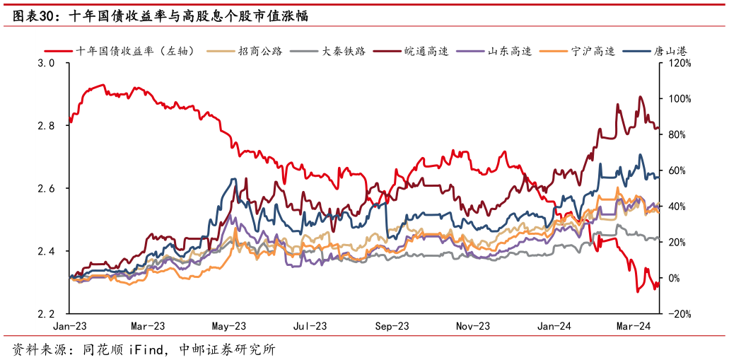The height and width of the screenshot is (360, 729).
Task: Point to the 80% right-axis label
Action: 677,134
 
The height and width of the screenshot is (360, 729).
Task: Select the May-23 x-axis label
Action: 229,326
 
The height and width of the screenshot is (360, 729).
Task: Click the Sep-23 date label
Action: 392,326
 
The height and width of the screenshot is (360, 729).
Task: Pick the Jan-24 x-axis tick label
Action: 554,326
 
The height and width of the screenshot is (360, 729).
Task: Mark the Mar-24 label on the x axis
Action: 634,326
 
